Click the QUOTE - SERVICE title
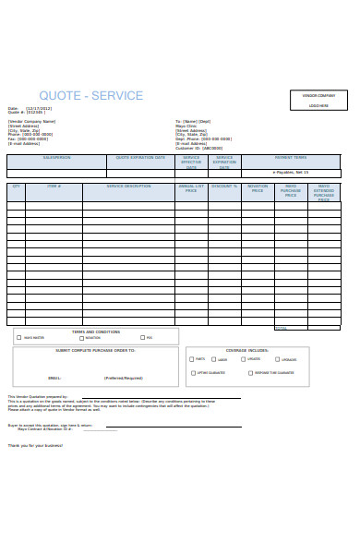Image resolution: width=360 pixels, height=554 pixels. pos(90,96)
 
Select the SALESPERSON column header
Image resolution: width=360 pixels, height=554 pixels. pos(56,158)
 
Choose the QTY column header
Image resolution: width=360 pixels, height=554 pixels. pos(16,187)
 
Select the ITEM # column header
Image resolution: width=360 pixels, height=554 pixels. pos(54,187)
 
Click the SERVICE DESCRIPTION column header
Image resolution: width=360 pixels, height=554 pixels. pos(128,187)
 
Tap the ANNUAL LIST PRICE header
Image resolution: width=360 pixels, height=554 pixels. pos(191,188)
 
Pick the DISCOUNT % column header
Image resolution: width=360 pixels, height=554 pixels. pos(224,187)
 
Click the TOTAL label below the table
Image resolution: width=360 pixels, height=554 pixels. pos(282,328)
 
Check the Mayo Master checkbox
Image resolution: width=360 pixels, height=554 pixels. pos(18,338)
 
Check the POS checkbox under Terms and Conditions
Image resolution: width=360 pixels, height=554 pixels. pos(140,338)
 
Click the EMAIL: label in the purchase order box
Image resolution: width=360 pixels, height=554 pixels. pos(54,378)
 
